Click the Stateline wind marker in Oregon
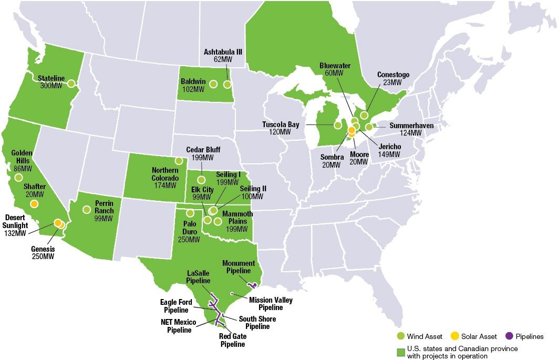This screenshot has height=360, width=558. (x=71, y=83)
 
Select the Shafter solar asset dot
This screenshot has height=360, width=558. (x=34, y=204)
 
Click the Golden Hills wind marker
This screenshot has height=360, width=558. (x=19, y=178)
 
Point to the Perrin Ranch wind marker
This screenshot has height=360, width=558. (x=87, y=210)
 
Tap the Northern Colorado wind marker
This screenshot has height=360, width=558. (x=179, y=160)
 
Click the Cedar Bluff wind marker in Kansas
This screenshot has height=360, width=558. (x=201, y=180)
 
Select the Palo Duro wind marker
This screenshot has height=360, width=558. (x=190, y=213)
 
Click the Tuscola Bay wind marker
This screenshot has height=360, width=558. (x=337, y=125)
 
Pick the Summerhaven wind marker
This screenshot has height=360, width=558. (x=369, y=127)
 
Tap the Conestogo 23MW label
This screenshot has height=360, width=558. (x=392, y=78)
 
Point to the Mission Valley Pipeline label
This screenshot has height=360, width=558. (x=271, y=304)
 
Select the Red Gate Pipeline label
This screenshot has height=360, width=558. (x=232, y=341)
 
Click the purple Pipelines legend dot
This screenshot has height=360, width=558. (x=508, y=336)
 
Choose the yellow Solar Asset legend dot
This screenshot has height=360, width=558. (x=455, y=336)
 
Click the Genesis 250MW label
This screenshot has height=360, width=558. (x=43, y=252)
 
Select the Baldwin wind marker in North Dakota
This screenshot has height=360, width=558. (x=213, y=84)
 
